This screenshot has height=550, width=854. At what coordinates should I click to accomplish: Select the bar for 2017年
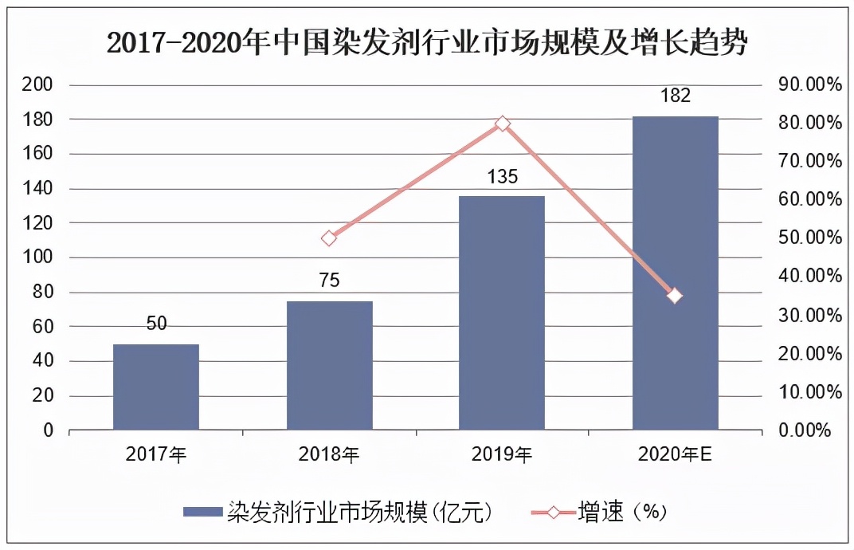[x=156, y=387]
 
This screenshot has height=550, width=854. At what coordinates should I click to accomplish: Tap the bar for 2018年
[x=329, y=366]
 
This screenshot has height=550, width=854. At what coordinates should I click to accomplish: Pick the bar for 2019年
[x=502, y=313]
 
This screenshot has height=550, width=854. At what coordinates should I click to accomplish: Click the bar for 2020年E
[x=675, y=273]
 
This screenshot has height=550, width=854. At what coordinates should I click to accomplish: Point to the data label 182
[x=675, y=96]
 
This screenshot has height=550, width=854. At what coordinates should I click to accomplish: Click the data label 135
[x=502, y=177]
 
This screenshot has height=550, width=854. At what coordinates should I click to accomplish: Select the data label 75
[x=329, y=281]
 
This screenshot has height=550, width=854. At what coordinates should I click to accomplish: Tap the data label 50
[x=156, y=324]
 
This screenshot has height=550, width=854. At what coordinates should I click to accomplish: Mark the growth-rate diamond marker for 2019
[x=502, y=124]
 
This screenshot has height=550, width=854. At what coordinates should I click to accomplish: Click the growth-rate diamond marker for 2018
[x=329, y=238]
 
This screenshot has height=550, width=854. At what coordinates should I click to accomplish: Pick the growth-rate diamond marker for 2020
[x=675, y=296]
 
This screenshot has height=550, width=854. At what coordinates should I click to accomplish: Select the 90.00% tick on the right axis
[x=805, y=84]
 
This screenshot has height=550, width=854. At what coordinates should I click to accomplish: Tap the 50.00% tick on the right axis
[x=805, y=238]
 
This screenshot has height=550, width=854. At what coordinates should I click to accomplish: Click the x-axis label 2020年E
[x=675, y=455]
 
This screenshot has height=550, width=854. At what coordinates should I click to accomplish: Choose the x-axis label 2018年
[x=329, y=455]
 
